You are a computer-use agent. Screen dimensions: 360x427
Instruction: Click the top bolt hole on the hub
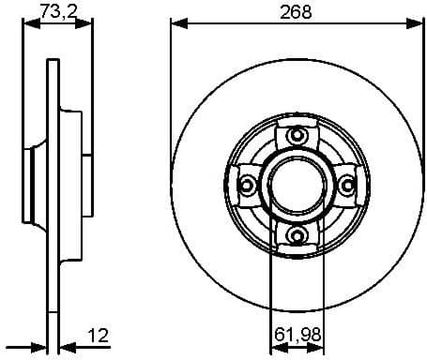(x=297, y=137)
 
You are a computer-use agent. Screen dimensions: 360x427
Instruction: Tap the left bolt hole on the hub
(x=248, y=186)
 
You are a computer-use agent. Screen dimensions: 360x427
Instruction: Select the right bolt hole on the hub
(x=345, y=186)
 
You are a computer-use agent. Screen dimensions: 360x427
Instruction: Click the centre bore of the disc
(x=296, y=186)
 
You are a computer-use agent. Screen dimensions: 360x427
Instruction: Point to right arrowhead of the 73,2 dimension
(x=90, y=24)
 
